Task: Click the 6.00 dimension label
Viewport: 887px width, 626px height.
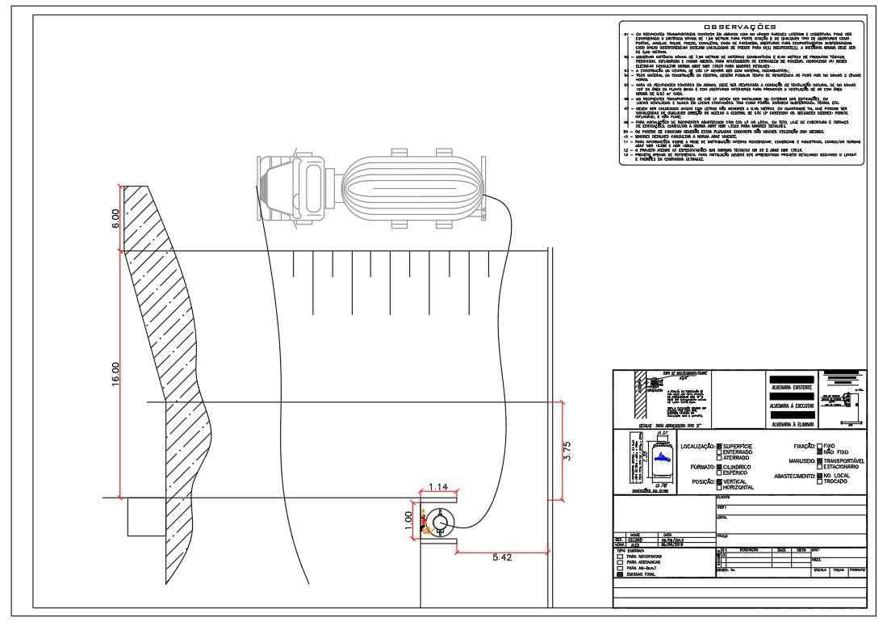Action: (115, 218)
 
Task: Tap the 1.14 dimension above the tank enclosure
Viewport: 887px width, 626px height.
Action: (438, 487)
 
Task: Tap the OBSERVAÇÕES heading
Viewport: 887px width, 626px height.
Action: (740, 27)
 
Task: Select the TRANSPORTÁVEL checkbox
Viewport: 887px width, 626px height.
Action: (820, 460)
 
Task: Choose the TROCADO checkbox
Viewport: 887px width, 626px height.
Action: (820, 481)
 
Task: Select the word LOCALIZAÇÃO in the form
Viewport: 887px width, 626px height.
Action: (697, 446)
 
